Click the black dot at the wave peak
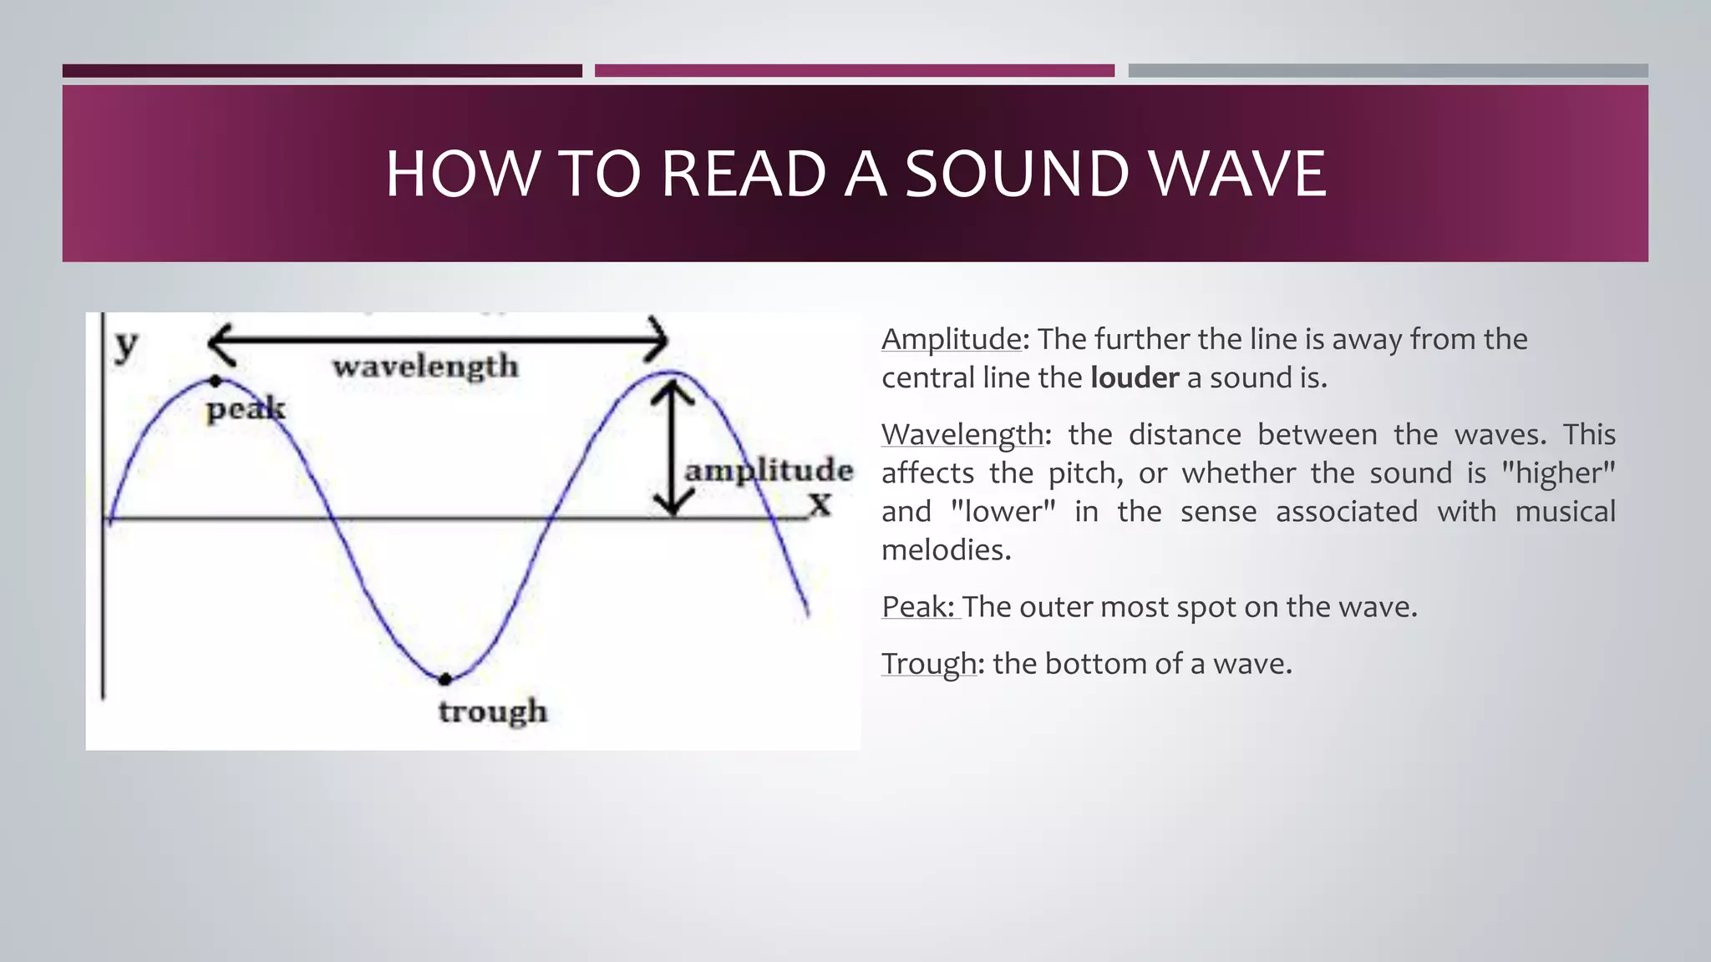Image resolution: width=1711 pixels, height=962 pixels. tap(216, 381)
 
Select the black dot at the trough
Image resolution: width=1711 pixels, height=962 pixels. tap(445, 679)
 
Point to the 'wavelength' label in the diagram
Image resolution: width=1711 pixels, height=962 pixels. tap(425, 367)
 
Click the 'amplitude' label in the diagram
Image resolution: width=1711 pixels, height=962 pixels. tap(769, 470)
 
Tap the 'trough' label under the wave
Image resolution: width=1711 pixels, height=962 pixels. tap(493, 711)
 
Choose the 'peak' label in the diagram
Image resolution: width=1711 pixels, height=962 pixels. tap(246, 409)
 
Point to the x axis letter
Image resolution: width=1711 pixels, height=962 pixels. tap(821, 504)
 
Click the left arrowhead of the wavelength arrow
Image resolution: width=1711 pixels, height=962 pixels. tap(219, 342)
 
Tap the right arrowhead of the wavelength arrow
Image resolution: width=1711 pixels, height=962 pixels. tap(657, 340)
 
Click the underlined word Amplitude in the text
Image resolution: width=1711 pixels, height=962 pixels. tap(952, 339)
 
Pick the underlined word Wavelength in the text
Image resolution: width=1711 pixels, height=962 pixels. tap(962, 434)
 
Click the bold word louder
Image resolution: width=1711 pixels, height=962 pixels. tap(1134, 377)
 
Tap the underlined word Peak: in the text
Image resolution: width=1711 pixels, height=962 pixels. tap(918, 606)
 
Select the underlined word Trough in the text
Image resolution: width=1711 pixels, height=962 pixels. tap(928, 663)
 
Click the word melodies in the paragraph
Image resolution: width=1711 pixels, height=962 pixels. tap(946, 549)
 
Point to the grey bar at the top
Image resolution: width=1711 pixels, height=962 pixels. tap(1388, 71)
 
